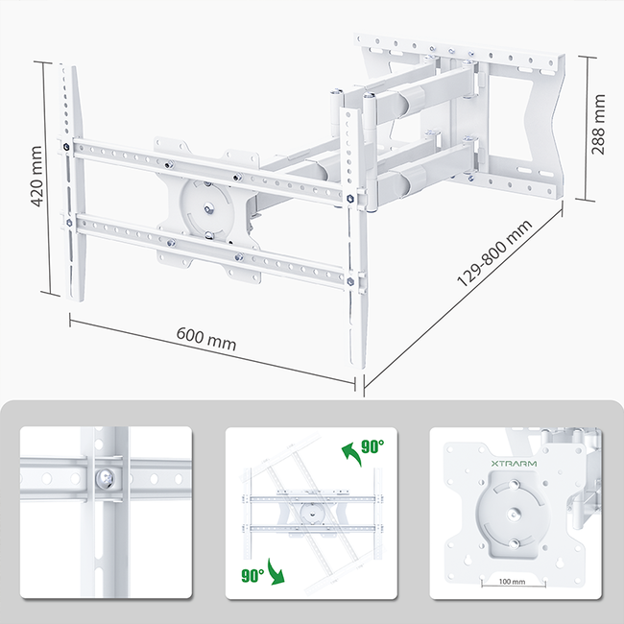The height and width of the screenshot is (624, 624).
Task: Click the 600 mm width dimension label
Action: pyautogui.click(x=206, y=338)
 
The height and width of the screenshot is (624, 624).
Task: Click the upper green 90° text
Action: pyautogui.click(x=372, y=446)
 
